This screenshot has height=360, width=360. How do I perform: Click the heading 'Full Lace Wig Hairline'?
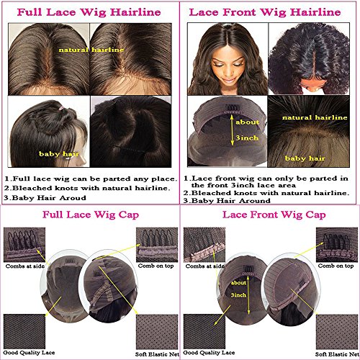pyautogui.click(x=89, y=12)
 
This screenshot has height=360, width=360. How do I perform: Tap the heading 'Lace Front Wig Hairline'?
pyautogui.click(x=265, y=12)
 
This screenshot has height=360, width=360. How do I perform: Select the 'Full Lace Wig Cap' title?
pyautogui.click(x=91, y=215)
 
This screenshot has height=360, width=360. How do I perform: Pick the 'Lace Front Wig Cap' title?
pyautogui.click(x=274, y=215)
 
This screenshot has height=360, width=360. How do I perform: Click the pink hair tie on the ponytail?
pyautogui.click(x=61, y=108)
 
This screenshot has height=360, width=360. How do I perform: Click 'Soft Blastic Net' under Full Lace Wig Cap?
pyautogui.click(x=157, y=354)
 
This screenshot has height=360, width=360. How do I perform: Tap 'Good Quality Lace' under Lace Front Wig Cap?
pyautogui.click(x=209, y=353)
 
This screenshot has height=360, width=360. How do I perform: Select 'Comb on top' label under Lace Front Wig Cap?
pyautogui.click(x=336, y=266)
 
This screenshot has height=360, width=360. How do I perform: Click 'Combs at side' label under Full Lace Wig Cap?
pyautogui.click(x=25, y=266)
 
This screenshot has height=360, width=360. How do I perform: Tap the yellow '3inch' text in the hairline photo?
pyautogui.click(x=247, y=138)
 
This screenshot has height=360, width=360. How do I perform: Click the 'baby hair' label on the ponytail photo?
pyautogui.click(x=59, y=154)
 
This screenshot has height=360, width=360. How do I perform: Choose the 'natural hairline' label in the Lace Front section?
pyautogui.click(x=315, y=117)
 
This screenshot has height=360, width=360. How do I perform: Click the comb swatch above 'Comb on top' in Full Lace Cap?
pyautogui.click(x=157, y=245)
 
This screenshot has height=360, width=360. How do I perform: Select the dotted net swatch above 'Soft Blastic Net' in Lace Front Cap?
pyautogui.click(x=337, y=332)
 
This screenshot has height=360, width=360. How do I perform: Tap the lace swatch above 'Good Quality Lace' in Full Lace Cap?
pyautogui.click(x=24, y=331)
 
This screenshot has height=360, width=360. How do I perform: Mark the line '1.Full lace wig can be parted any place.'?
pyautogui.click(x=91, y=179)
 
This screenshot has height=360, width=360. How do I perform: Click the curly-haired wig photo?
pyautogui.click(x=309, y=59)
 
